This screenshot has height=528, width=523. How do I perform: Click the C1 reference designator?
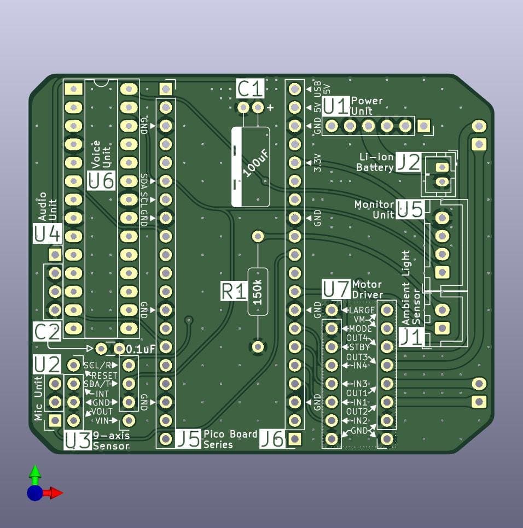tap(250, 89)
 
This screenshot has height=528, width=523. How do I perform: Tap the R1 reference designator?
tap(234, 291)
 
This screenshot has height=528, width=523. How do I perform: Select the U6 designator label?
tap(101, 180)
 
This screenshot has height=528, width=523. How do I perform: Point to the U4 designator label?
tap(48, 233)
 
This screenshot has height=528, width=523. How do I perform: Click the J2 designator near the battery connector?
tap(409, 162)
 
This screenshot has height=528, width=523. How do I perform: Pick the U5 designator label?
tap(410, 209)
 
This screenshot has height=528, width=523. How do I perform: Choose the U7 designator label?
tap(336, 289)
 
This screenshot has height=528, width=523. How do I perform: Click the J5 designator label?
tap(188, 439)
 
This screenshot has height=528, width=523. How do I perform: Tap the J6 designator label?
tap(272, 439)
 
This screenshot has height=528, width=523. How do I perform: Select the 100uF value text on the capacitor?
tap(256, 163)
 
